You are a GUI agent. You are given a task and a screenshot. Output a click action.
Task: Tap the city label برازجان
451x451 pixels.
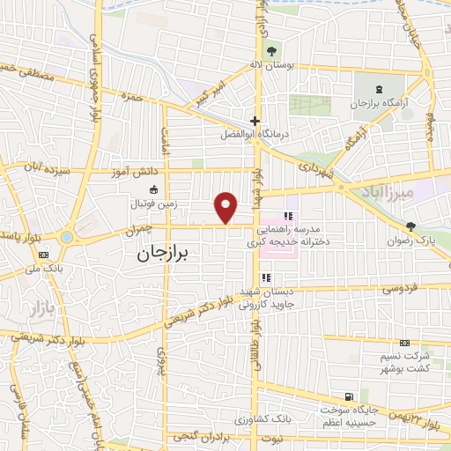click(164, 254)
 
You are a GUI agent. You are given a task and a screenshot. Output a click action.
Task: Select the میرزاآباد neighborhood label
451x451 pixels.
click(395, 190)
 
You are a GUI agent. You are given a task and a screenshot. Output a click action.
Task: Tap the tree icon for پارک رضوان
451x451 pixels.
click(411, 226)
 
